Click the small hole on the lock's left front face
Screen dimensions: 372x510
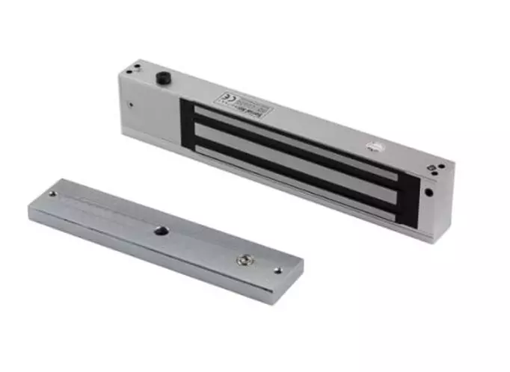132,105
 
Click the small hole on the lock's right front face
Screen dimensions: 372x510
428,191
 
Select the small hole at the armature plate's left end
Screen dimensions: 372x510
52,195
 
